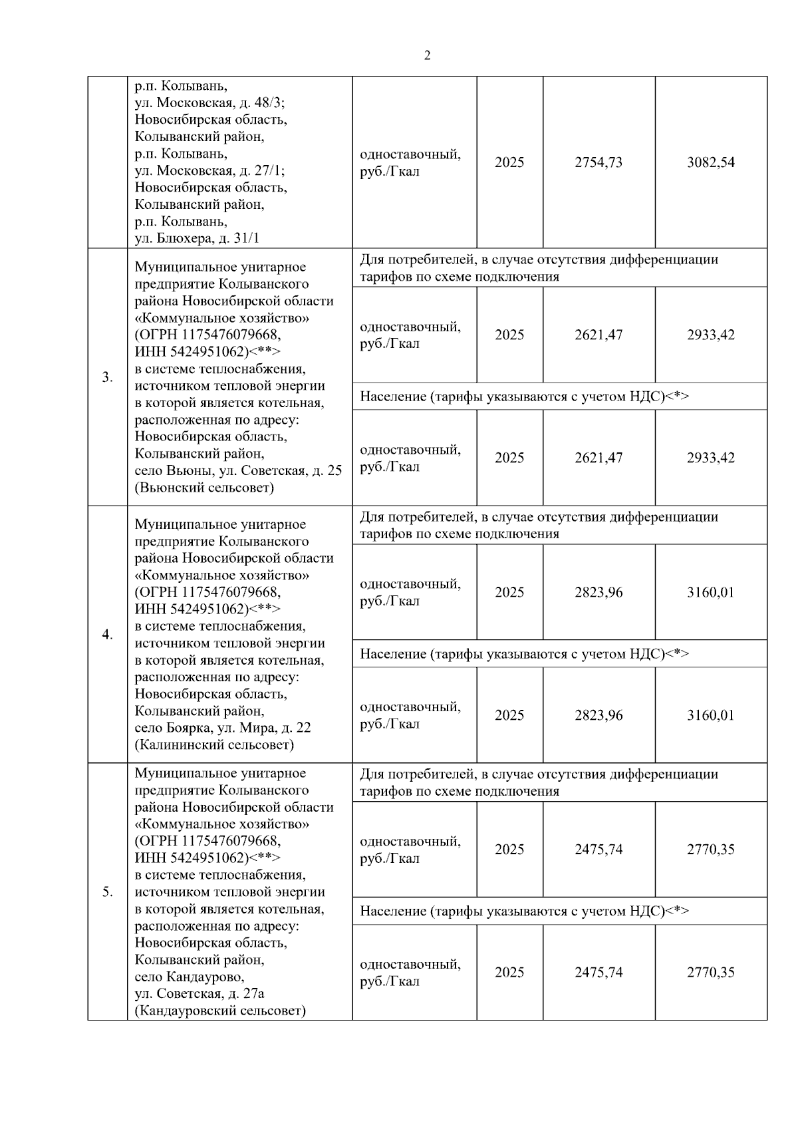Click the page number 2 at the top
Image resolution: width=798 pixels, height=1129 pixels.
(x=427, y=56)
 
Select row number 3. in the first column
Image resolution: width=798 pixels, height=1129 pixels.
(x=107, y=378)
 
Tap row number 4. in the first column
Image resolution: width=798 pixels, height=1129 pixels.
(x=107, y=635)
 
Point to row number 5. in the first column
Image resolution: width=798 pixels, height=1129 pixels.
(x=107, y=892)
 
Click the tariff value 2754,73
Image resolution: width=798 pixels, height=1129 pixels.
(x=598, y=163)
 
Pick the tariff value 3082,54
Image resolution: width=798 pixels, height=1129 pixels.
(x=710, y=163)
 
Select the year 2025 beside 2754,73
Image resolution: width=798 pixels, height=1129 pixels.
(x=509, y=163)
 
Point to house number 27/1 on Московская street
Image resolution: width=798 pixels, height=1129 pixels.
(x=269, y=171)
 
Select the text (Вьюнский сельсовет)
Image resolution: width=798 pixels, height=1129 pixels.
(x=204, y=488)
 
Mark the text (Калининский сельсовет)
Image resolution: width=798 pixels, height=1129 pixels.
(x=213, y=745)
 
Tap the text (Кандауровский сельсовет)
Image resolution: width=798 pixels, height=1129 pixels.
(x=220, y=1011)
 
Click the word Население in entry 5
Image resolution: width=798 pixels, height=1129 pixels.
(x=393, y=911)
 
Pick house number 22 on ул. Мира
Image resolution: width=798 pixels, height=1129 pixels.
(x=303, y=728)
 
